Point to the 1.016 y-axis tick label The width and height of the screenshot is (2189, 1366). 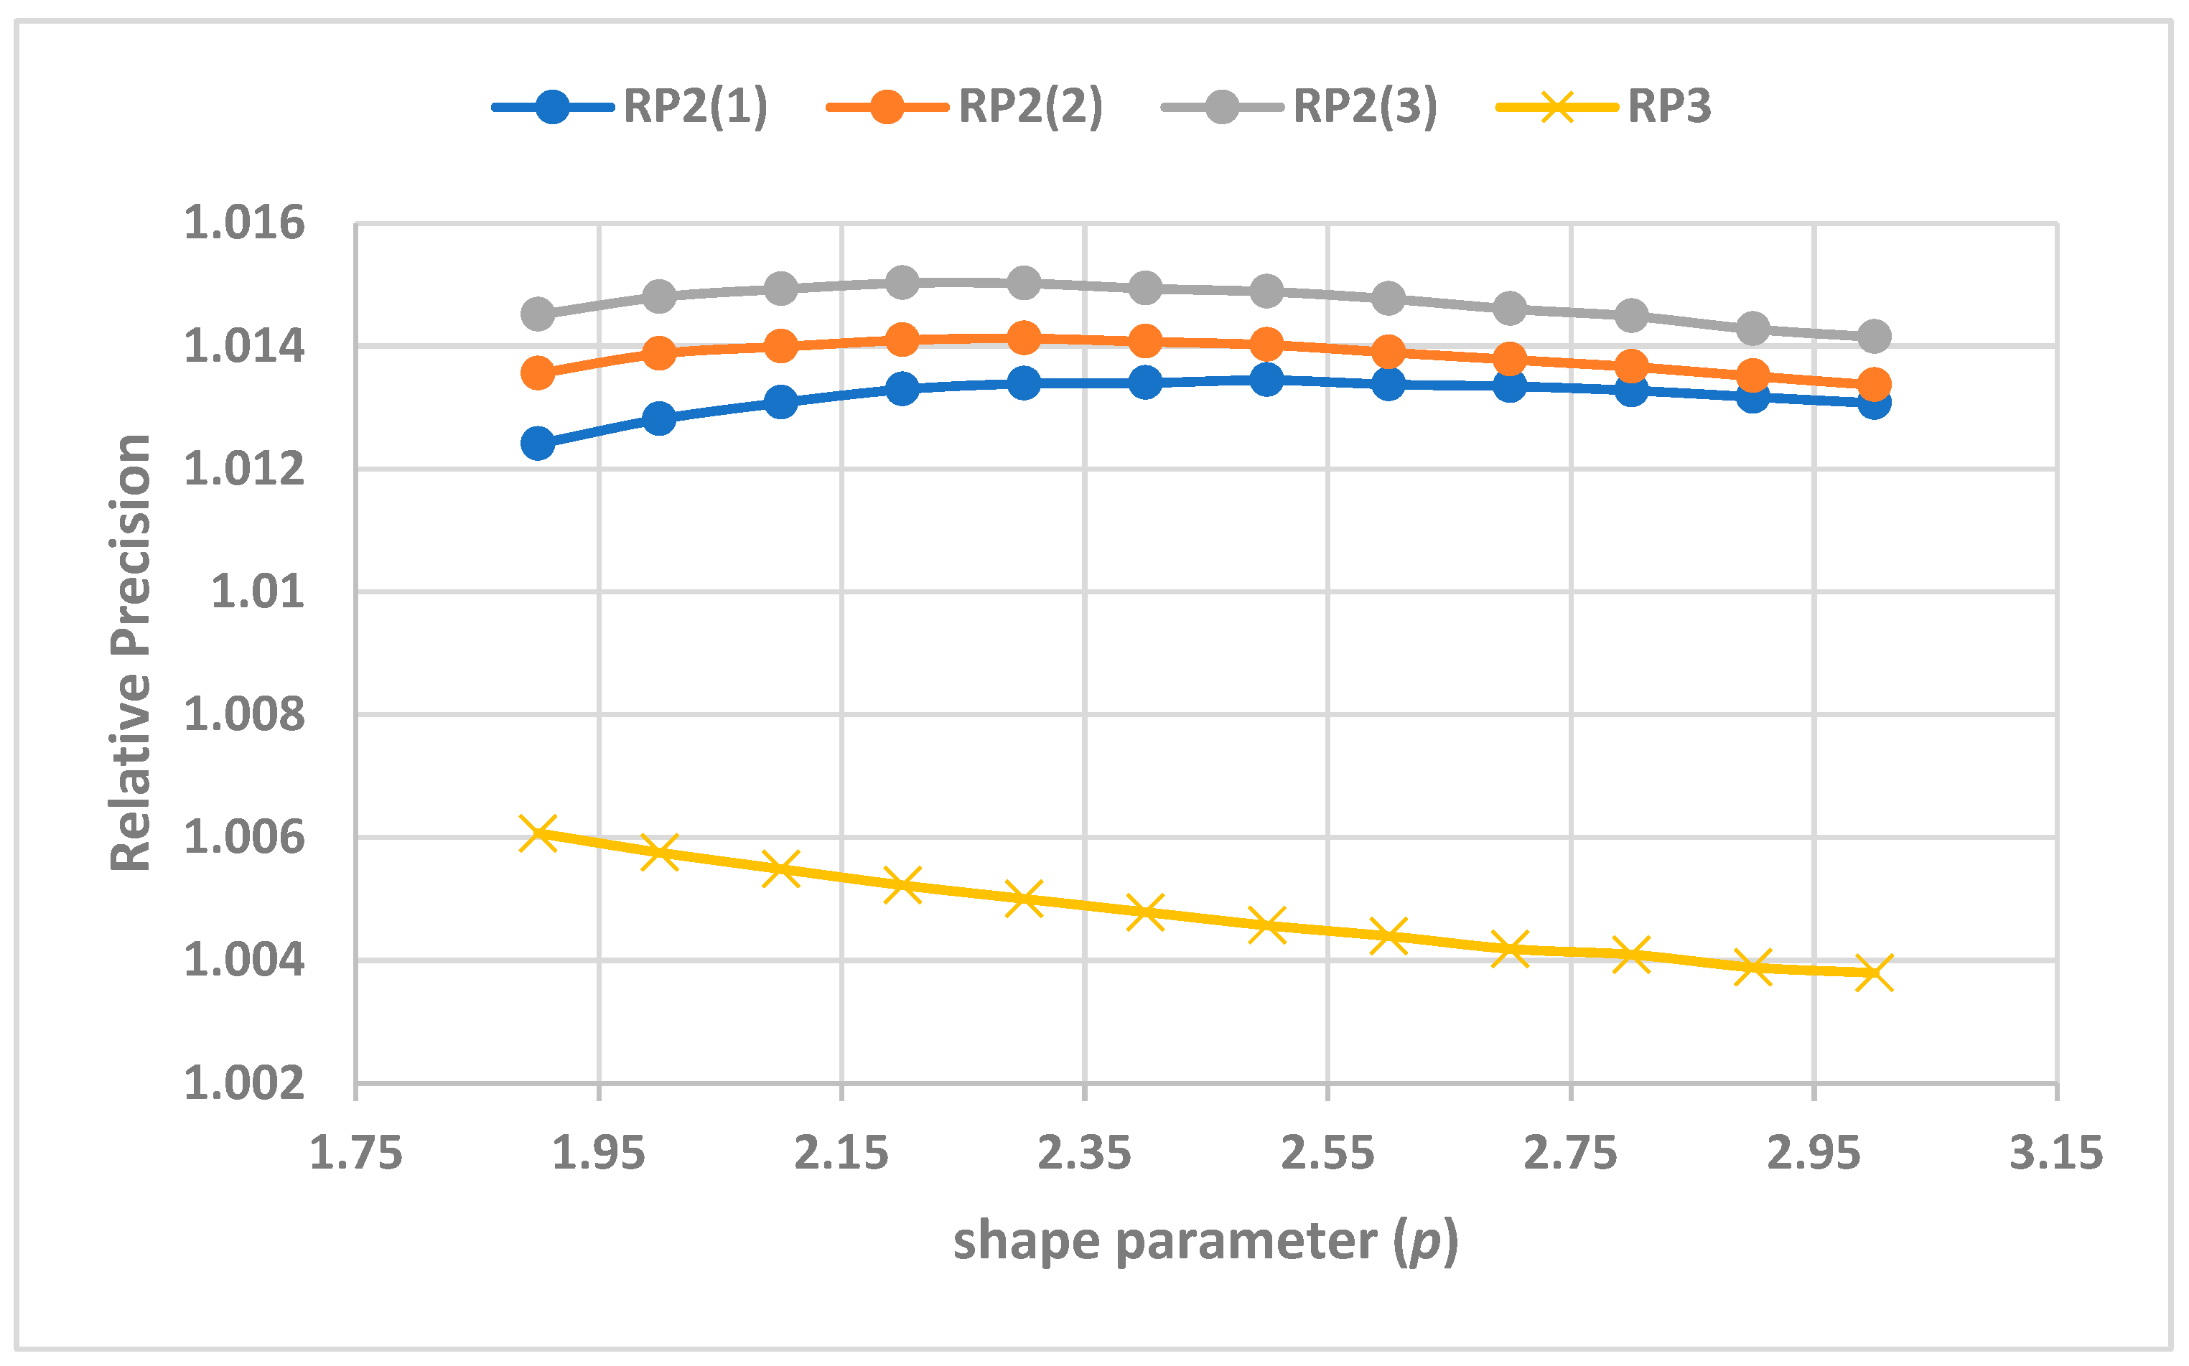pyautogui.click(x=244, y=223)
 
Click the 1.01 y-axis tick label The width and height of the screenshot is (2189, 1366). pyautogui.click(x=258, y=591)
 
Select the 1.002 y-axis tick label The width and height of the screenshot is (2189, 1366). pyautogui.click(x=244, y=1083)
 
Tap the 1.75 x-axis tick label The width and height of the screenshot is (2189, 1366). pyautogui.click(x=355, y=1154)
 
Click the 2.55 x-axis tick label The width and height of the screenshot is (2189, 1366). pyautogui.click(x=1327, y=1154)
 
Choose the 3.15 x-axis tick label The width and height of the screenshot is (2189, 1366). pyautogui.click(x=2056, y=1154)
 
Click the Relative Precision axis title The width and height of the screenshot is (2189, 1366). pyautogui.click(x=131, y=652)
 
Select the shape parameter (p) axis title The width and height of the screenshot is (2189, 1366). pyautogui.click(x=1205, y=1241)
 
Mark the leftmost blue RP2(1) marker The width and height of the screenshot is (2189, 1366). pyautogui.click(x=538, y=444)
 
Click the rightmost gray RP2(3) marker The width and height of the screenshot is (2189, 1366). pyautogui.click(x=1874, y=337)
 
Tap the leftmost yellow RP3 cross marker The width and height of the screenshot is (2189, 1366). pyautogui.click(x=538, y=832)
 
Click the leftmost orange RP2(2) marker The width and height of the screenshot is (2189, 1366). pyautogui.click(x=538, y=373)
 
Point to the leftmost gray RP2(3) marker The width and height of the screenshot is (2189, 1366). pyautogui.click(x=538, y=314)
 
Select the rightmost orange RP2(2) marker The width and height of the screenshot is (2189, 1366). pyautogui.click(x=1874, y=385)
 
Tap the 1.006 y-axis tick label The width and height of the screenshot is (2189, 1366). pyautogui.click(x=244, y=838)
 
